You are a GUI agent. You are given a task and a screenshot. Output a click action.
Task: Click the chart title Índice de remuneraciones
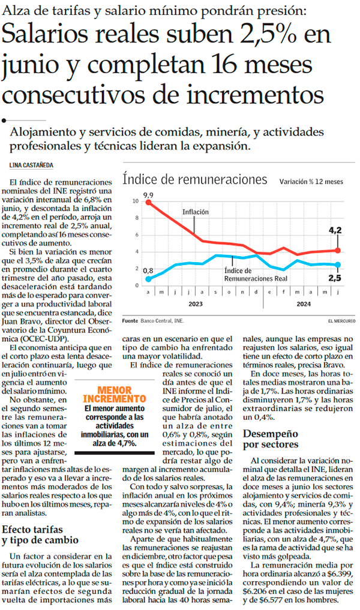[x=194, y=179]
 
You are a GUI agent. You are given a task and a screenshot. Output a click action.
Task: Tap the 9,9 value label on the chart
[x=148, y=195]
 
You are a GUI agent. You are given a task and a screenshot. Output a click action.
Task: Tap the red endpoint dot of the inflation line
[x=338, y=250]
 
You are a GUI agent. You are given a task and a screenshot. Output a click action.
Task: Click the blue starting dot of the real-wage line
[x=148, y=279]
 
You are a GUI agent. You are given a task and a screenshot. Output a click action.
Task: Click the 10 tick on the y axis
[x=135, y=201]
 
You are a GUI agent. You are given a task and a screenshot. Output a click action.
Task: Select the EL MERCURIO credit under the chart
[x=341, y=321]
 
